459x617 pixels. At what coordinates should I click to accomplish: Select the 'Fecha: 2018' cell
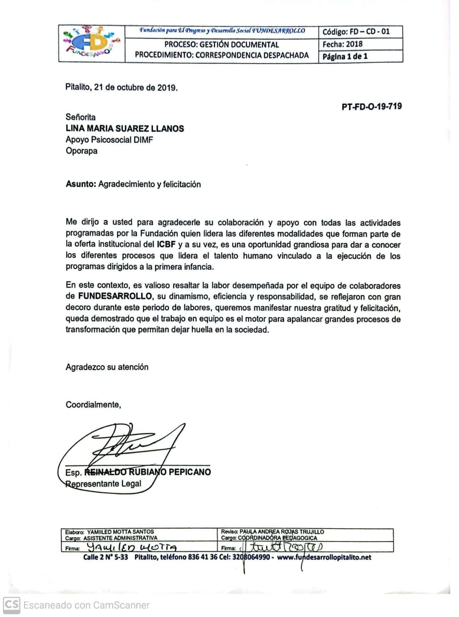click(343, 44)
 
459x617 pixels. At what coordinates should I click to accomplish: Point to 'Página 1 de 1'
click(345, 56)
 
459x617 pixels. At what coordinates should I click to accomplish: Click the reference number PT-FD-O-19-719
click(371, 106)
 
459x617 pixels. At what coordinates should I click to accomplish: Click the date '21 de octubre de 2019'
click(135, 88)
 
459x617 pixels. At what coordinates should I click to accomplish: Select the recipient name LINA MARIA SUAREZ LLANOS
click(125, 128)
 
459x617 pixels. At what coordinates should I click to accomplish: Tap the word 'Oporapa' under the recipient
click(81, 151)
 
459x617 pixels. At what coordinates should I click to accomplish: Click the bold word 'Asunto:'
click(81, 184)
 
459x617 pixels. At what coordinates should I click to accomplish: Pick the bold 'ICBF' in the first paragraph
click(166, 244)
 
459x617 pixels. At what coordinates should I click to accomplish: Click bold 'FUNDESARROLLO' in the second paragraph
click(115, 296)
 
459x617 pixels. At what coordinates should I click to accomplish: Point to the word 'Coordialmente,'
click(93, 405)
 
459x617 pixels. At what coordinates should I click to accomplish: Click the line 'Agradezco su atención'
click(107, 367)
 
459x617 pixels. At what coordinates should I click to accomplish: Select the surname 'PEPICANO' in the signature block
click(189, 472)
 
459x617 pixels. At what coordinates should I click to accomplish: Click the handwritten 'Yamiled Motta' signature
click(132, 547)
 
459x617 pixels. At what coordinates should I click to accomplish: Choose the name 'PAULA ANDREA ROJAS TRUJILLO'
click(282, 532)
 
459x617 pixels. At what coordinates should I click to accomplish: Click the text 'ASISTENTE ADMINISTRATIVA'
click(120, 538)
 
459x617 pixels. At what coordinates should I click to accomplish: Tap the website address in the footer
click(324, 557)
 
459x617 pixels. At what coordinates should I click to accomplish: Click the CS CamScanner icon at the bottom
click(12, 604)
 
